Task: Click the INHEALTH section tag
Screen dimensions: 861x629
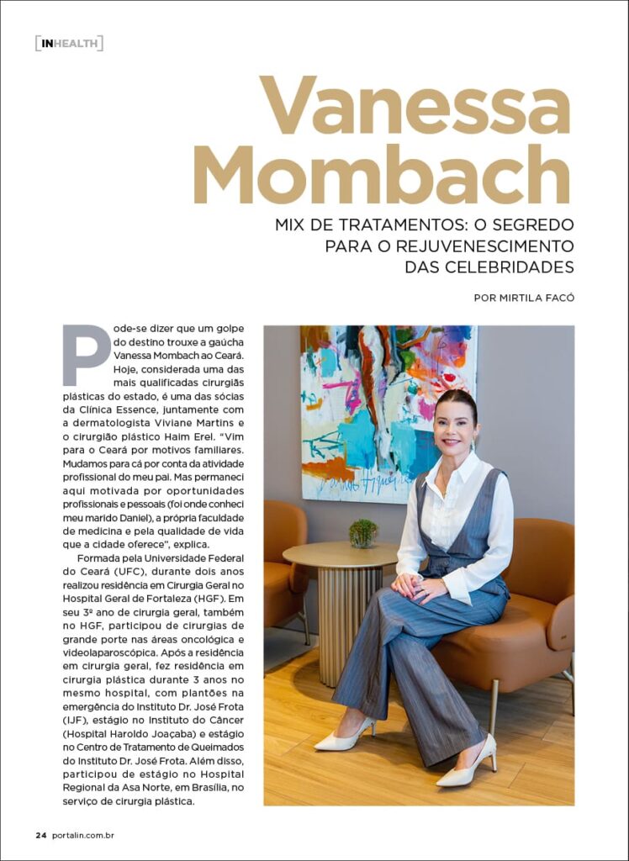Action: click(69, 43)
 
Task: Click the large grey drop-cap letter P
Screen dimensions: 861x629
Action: click(85, 354)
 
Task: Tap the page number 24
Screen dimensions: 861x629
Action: click(40, 835)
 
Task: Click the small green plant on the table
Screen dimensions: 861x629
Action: click(362, 533)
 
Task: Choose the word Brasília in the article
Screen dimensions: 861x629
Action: click(181, 788)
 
